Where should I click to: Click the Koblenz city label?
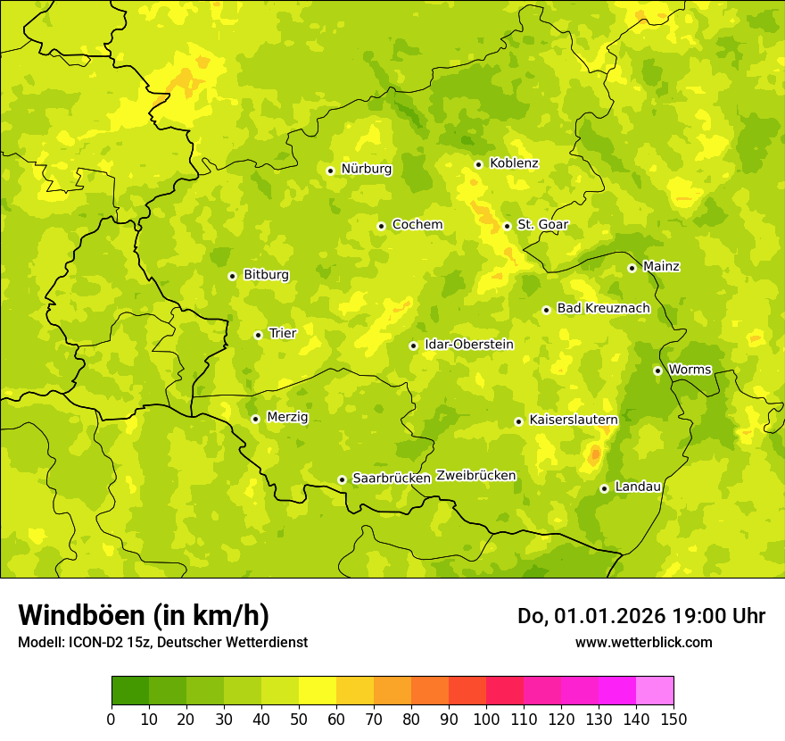coord(514,163)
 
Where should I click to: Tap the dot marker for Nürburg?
coord(330,171)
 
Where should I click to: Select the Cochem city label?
coord(417,225)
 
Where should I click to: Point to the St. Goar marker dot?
coord(507,226)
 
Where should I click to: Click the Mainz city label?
coord(661,267)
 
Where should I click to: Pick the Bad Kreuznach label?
coord(603,309)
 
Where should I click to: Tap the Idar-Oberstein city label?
coord(468,345)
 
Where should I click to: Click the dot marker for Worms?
coord(657,370)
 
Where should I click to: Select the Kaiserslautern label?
coord(573,420)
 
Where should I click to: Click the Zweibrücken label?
coord(475,476)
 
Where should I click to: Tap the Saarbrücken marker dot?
coord(342,479)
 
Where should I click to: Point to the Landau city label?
coord(638,487)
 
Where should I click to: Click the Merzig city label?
coord(287,417)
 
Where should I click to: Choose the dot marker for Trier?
coord(259,335)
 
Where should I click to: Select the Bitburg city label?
coord(266,275)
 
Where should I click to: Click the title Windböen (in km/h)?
coord(144,615)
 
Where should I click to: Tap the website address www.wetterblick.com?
coord(643,642)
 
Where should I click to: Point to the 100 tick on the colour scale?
coord(486,719)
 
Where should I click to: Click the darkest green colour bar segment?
coord(130,691)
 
